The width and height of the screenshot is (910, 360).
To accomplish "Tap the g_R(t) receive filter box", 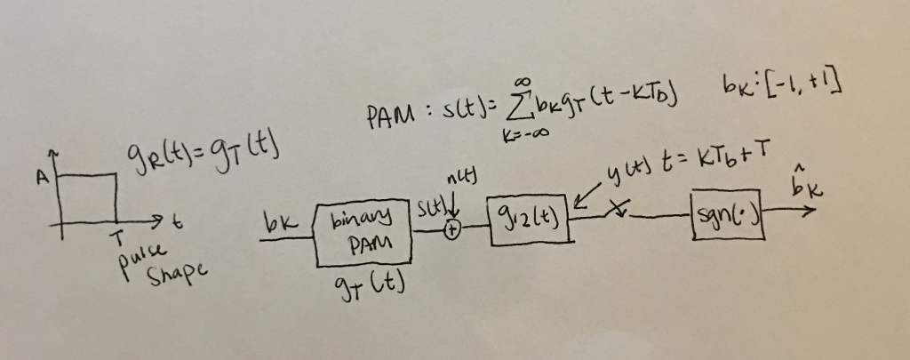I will (525, 213).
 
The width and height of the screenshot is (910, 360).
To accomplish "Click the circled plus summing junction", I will (451, 228).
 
